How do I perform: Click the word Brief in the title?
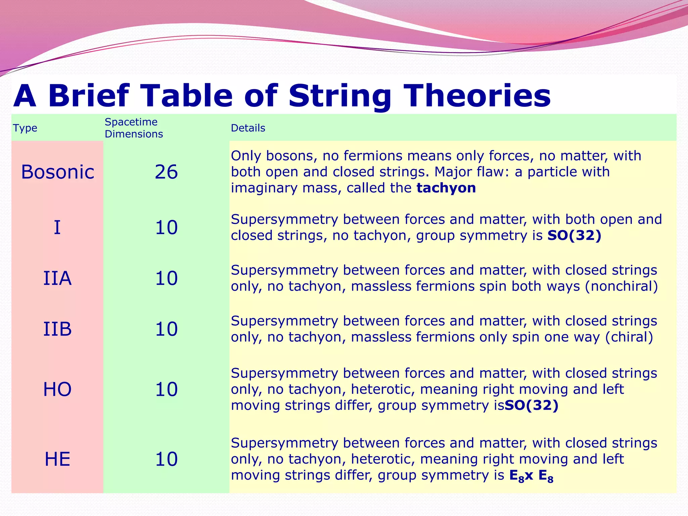pyautogui.click(x=88, y=96)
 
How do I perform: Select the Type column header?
pyautogui.click(x=25, y=128)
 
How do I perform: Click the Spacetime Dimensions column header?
pyautogui.click(x=134, y=128)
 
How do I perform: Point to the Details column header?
pyautogui.click(x=248, y=128)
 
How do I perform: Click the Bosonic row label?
pyautogui.click(x=57, y=172)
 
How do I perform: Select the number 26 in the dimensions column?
pyautogui.click(x=166, y=172)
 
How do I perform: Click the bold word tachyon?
pyautogui.click(x=446, y=188)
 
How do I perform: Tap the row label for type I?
pyautogui.click(x=57, y=227)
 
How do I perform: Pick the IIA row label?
pyautogui.click(x=57, y=278)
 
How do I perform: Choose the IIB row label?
pyautogui.click(x=57, y=329)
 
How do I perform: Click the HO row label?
pyautogui.click(x=57, y=389)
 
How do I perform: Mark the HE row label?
pyautogui.click(x=57, y=459)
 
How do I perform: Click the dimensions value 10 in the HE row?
pyautogui.click(x=166, y=459)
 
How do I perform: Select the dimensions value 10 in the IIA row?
pyautogui.click(x=166, y=278)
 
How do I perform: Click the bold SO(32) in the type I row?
pyautogui.click(x=574, y=235)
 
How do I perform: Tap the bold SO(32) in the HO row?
pyautogui.click(x=531, y=405)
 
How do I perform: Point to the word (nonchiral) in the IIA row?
pyautogui.click(x=621, y=286)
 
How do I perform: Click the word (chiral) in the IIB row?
pyautogui.click(x=629, y=337)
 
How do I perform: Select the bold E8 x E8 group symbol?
pyautogui.click(x=531, y=476)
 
